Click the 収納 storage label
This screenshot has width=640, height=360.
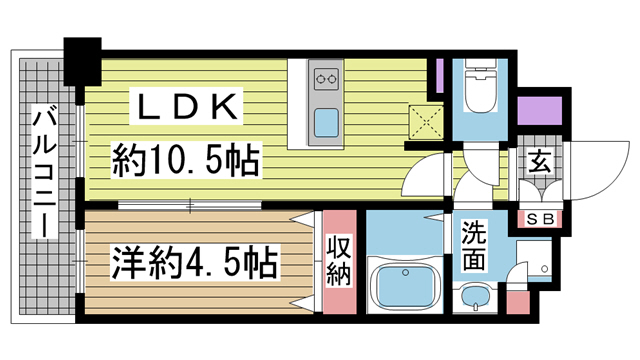click(x=338, y=259)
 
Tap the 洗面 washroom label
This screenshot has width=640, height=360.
click(x=474, y=246)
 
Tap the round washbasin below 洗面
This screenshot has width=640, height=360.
click(x=474, y=295)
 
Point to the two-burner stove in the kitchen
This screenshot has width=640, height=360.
click(x=326, y=76)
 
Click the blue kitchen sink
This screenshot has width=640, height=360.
click(x=327, y=124)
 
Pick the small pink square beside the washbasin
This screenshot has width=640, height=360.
click(x=516, y=301)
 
